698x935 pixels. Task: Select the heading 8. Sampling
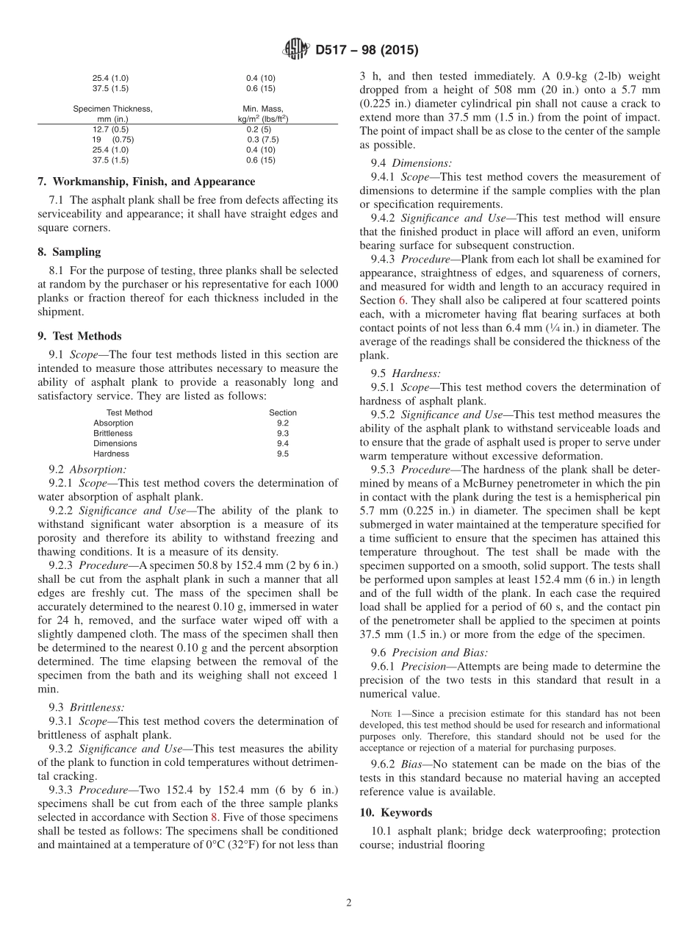(x=69, y=251)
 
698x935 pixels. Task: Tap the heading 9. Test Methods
(x=80, y=336)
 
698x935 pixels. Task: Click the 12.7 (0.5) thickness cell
(x=110, y=129)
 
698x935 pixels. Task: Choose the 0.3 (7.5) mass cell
(x=262, y=139)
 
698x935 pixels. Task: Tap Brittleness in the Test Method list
(x=113, y=434)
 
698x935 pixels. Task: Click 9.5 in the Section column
(x=283, y=454)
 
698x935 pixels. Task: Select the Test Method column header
(x=129, y=413)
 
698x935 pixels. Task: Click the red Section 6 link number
(x=402, y=301)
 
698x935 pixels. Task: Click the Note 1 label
(x=386, y=714)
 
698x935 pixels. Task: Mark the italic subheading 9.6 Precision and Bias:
(x=429, y=652)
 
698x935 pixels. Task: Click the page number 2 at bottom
(x=349, y=903)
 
